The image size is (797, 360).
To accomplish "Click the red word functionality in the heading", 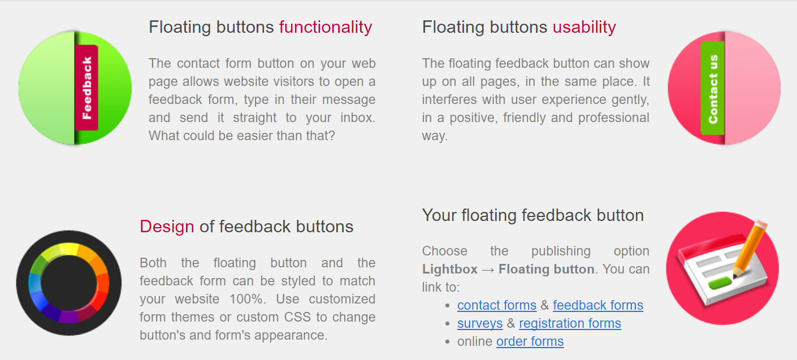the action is click(326, 27).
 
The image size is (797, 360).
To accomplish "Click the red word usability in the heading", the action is click(584, 27).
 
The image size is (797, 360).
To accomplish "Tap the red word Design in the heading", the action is click(167, 227).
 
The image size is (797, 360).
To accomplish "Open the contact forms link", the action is click(497, 305).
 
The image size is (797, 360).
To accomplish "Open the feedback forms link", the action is click(598, 305).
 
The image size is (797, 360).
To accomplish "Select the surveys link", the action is click(480, 323).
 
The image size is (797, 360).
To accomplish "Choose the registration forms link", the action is click(570, 323).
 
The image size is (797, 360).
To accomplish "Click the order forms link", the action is click(530, 341).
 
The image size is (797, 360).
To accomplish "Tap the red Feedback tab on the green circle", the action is click(86, 88).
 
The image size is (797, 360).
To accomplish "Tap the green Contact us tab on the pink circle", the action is click(713, 88).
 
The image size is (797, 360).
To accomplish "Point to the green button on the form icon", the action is click(720, 284).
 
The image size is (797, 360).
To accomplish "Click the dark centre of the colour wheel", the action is click(68, 283).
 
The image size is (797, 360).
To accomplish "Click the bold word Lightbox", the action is click(450, 269).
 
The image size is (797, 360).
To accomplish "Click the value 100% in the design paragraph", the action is click(247, 299).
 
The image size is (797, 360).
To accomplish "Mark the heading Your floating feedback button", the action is click(533, 215).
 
